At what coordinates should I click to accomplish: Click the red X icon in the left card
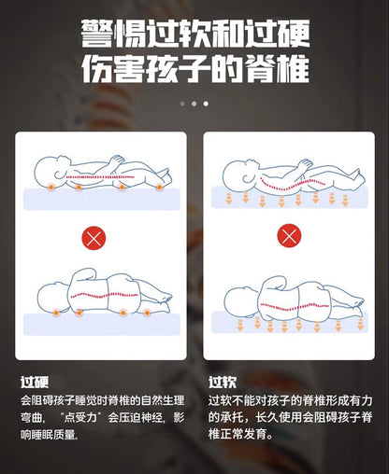coord(94,238)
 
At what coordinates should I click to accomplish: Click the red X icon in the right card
coord(289,238)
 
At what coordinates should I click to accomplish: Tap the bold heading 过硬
coord(34,382)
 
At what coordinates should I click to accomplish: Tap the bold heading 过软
coord(221,382)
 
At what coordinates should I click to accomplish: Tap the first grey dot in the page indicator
coord(182,104)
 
